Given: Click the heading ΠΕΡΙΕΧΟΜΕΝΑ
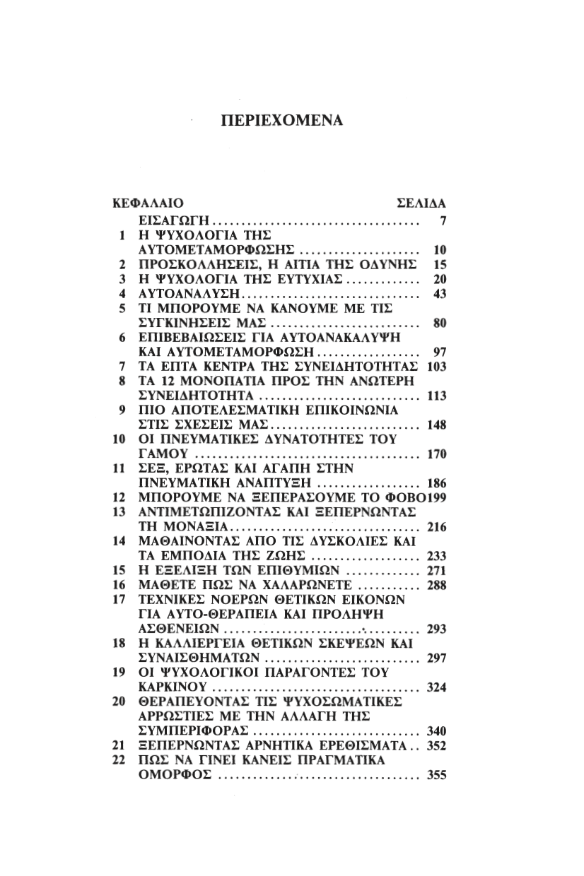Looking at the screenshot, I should coord(281,120).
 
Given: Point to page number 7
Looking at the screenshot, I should coord(442,221).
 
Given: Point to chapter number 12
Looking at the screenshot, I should coord(119,497).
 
